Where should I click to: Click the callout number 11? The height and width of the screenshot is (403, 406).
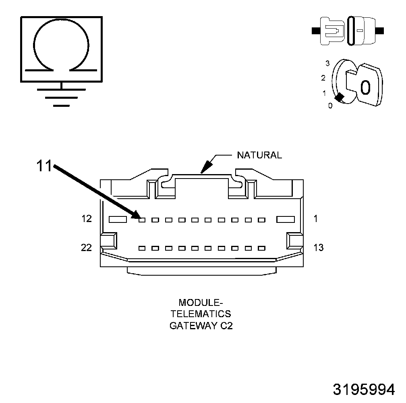click(45, 166)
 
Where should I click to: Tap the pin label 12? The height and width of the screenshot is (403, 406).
click(87, 219)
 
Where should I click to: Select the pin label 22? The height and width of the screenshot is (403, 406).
click(87, 247)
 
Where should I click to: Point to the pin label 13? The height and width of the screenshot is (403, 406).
click(318, 247)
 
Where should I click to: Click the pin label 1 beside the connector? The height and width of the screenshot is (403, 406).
click(316, 219)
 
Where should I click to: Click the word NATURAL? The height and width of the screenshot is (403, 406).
click(259, 155)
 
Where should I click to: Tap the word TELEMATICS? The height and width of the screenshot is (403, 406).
click(200, 314)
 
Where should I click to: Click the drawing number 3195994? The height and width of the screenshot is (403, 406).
click(364, 389)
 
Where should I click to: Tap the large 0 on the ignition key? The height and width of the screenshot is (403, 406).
click(365, 87)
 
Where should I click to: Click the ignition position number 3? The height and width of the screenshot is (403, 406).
click(327, 63)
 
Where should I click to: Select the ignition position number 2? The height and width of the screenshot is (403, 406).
click(323, 77)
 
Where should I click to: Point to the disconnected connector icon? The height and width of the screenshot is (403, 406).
click(348, 30)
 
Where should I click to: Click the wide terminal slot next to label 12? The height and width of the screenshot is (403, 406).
click(118, 220)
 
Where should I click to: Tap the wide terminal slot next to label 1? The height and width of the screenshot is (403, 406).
click(286, 220)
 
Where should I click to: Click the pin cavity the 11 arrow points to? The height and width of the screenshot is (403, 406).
click(142, 220)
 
